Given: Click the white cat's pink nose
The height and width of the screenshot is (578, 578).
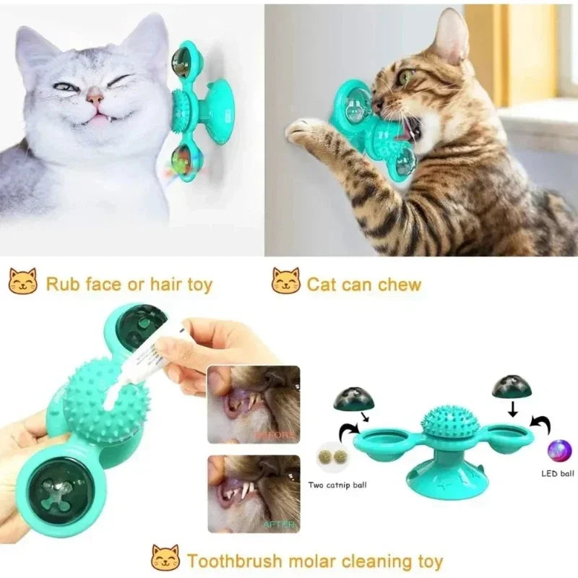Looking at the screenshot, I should [x=95, y=95].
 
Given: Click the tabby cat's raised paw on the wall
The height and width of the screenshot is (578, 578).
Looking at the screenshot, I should [x=304, y=131].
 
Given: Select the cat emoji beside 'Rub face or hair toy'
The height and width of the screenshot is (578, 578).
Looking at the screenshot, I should [x=22, y=282].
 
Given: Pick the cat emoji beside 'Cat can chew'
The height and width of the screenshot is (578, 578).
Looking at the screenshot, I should [x=285, y=282].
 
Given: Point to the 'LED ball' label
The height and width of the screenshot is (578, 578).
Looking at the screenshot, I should [x=558, y=474].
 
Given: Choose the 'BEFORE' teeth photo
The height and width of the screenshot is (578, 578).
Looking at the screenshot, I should [x=253, y=404].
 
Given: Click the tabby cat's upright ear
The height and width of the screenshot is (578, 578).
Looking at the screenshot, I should [x=452, y=36].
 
